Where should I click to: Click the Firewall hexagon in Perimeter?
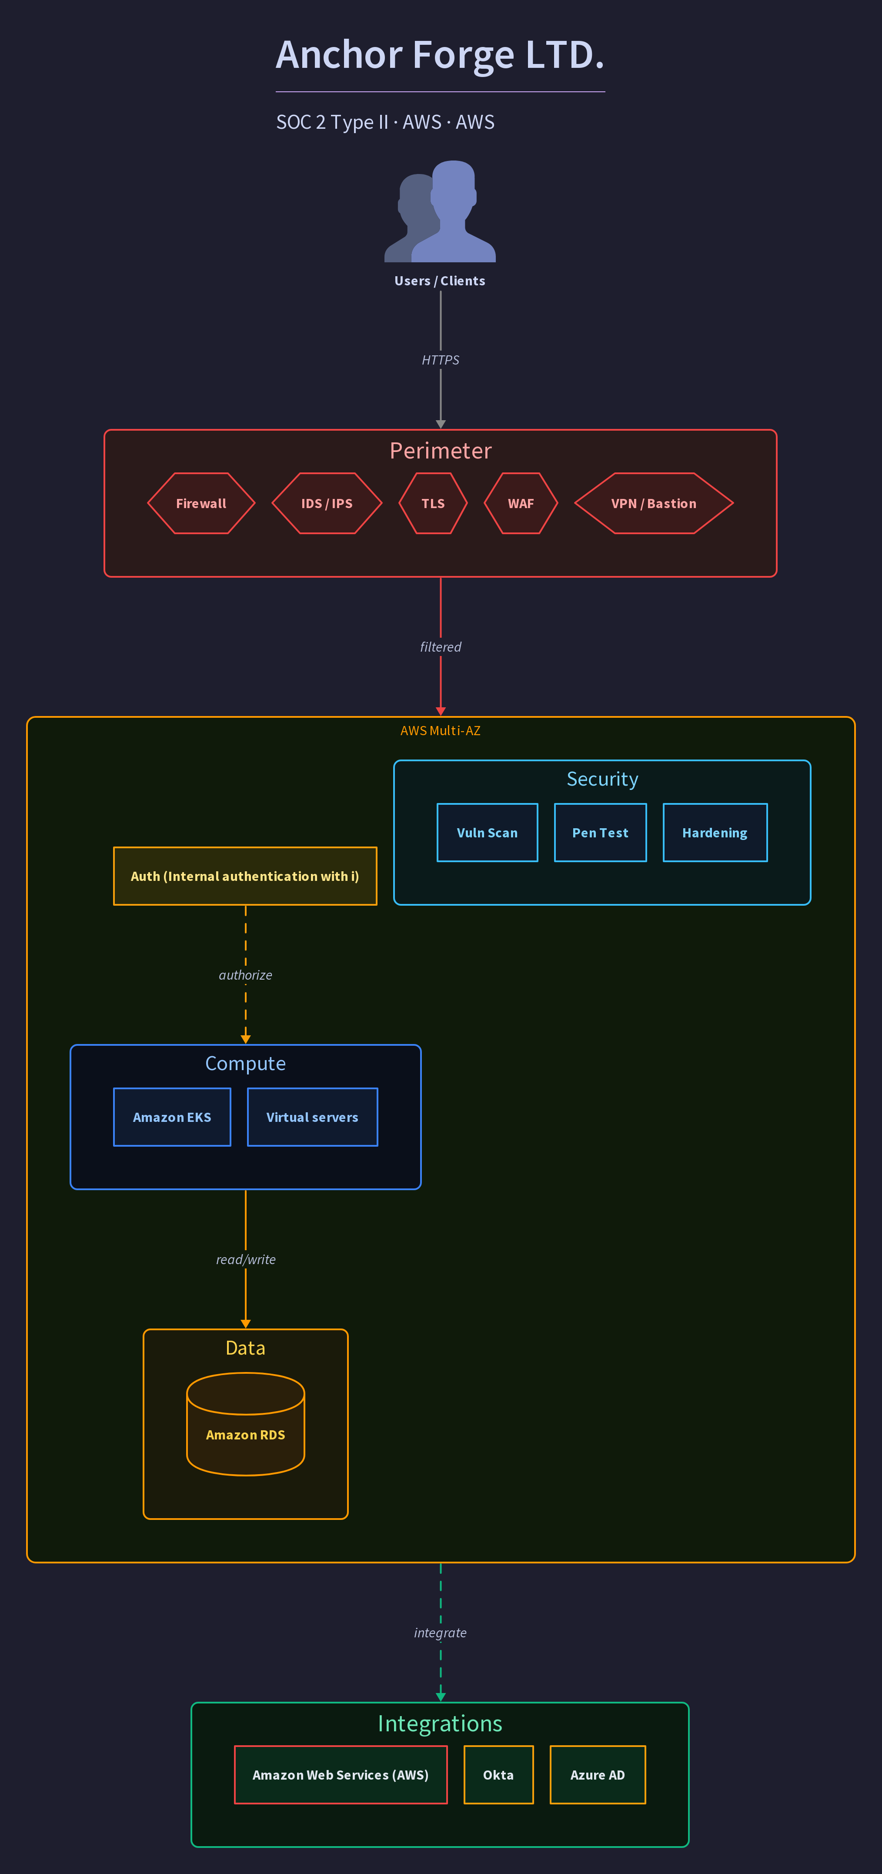pos(201,503)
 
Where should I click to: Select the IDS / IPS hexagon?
pos(327,503)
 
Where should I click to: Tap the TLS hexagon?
pos(433,503)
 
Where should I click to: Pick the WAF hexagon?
pos(521,503)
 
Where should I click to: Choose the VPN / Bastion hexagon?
pos(654,503)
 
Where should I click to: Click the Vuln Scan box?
pos(487,833)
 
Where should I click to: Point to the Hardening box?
pos(715,833)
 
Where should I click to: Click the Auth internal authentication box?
pos(245,876)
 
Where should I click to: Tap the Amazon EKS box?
pos(172,1118)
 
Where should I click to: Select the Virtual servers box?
pos(313,1118)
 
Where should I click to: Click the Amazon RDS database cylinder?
pos(246,1424)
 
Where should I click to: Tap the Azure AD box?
pos(598,1775)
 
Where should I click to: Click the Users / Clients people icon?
pos(440,211)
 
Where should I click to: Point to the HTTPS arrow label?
pos(441,360)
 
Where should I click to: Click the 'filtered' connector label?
pos(441,647)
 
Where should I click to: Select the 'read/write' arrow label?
pos(246,1259)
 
